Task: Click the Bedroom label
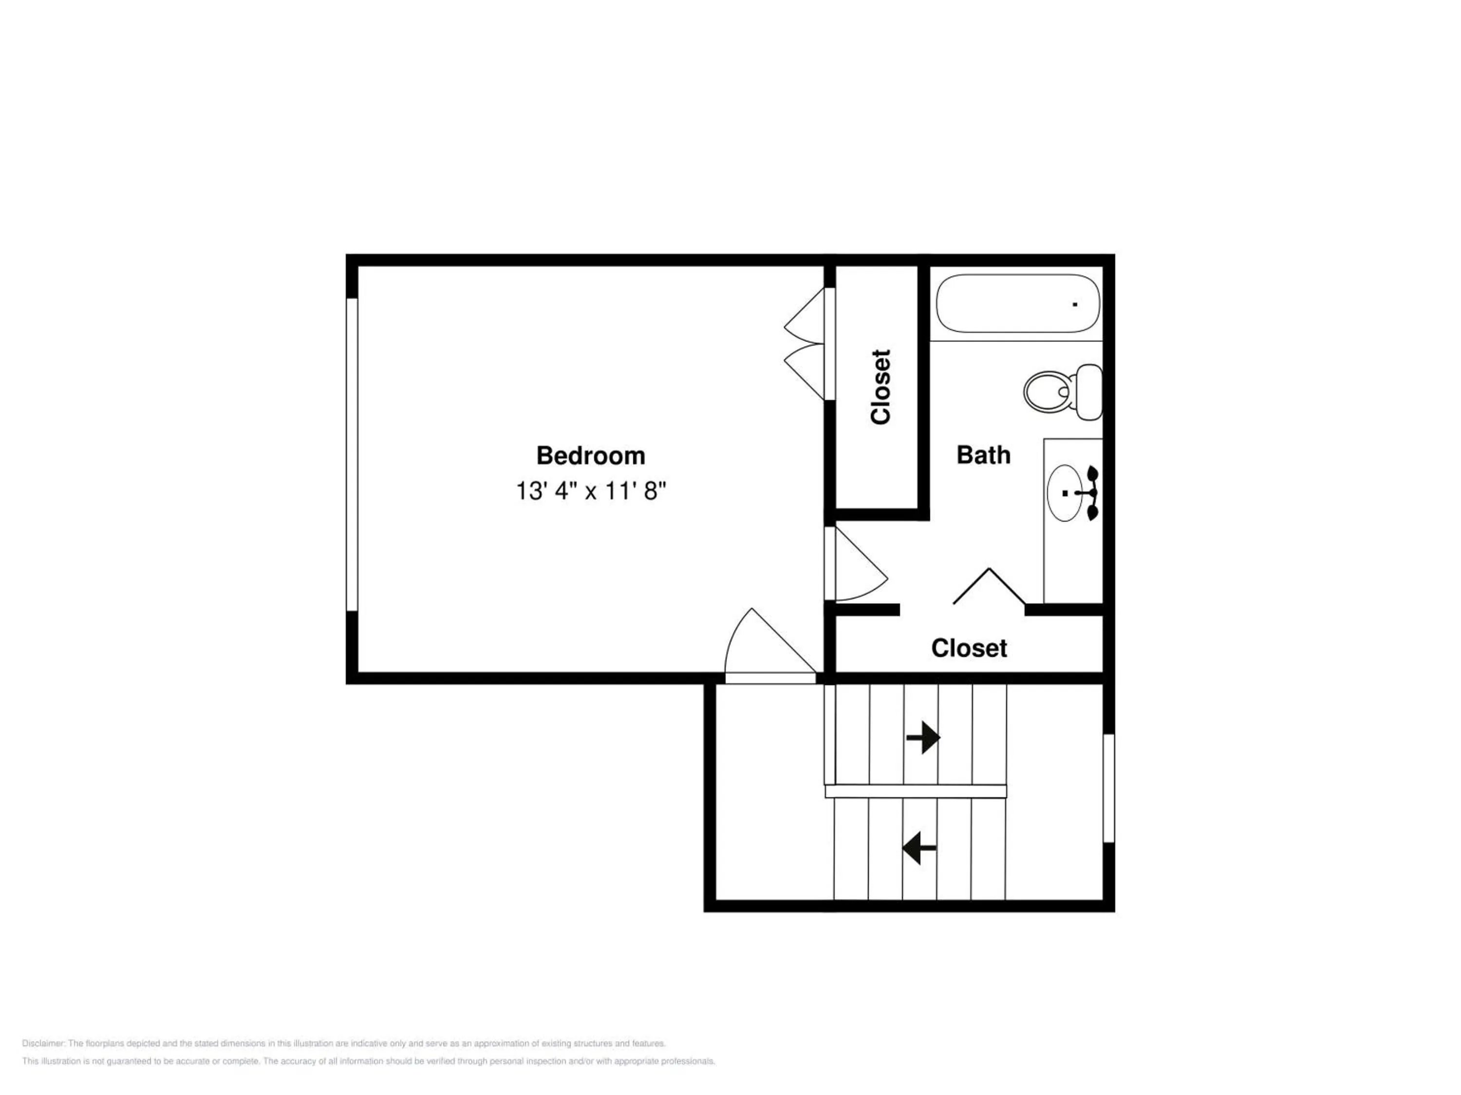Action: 590,456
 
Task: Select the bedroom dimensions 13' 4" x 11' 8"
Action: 590,491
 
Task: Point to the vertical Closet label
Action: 880,387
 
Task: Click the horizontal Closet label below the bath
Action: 969,648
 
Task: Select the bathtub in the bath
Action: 1018,304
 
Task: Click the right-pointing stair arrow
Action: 923,737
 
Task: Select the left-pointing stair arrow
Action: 919,848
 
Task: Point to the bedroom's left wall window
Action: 352,455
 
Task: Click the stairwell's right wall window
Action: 1109,788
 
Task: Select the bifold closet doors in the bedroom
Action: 805,343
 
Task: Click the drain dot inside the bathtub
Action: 1075,304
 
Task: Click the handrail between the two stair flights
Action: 916,791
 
